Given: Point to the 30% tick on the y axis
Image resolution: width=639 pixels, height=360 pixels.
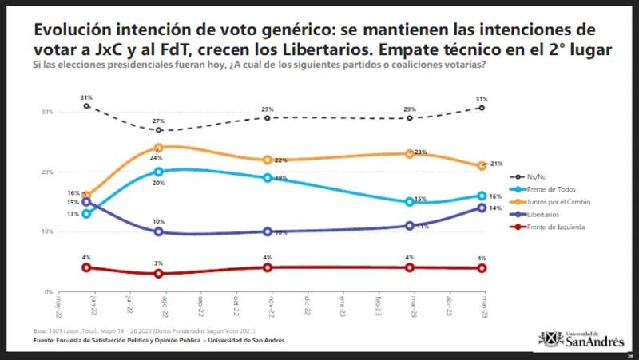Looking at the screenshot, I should click(x=48, y=112).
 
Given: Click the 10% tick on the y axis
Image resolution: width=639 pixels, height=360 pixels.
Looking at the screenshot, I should click(x=48, y=231).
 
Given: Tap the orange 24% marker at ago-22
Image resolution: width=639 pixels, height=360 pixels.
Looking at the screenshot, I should click(x=159, y=148).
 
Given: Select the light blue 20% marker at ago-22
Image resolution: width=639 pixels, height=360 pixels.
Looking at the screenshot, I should click(x=159, y=172).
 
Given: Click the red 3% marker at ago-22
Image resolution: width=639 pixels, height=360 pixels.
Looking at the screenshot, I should click(x=159, y=274).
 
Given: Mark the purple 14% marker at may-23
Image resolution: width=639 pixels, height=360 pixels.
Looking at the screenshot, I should click(x=482, y=208).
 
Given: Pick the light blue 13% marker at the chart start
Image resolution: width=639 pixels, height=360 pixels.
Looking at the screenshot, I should click(x=86, y=214).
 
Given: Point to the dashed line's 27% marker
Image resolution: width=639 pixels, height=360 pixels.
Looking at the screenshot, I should click(x=159, y=130).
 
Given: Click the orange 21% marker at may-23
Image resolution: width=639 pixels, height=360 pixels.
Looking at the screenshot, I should click(x=482, y=166).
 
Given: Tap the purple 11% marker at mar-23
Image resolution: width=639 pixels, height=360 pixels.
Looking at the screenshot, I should click(x=410, y=226).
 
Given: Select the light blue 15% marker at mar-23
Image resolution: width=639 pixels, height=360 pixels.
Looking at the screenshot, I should click(x=410, y=202).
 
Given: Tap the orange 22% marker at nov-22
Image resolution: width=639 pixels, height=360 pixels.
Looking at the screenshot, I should click(x=268, y=160).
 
